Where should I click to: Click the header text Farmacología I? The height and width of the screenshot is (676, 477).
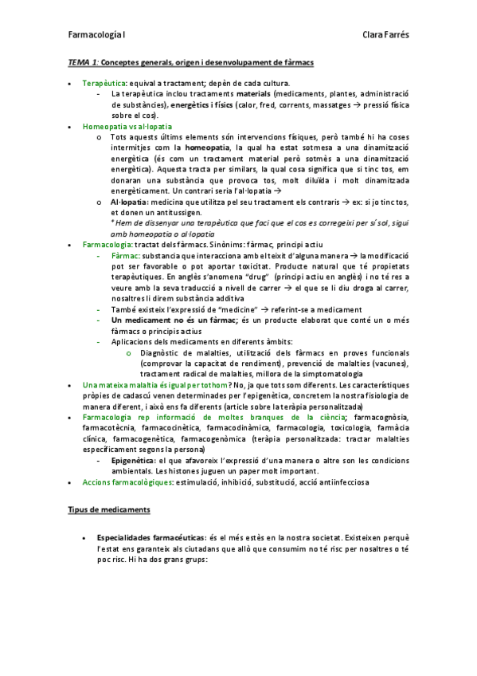click(94, 35)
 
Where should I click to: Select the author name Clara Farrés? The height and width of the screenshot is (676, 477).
click(385, 35)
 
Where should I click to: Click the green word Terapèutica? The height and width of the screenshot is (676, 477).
click(104, 83)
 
